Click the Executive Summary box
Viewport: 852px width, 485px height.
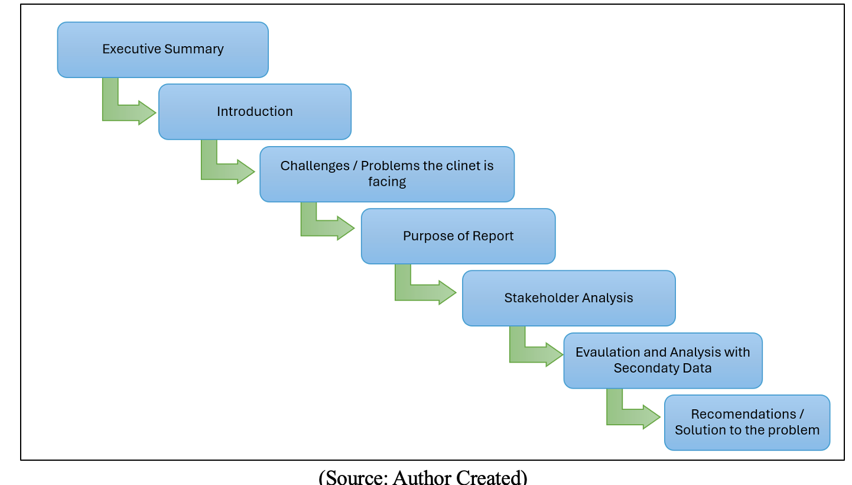pos(162,50)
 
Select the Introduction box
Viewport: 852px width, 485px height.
pos(255,112)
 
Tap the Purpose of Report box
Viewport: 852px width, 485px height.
pos(458,236)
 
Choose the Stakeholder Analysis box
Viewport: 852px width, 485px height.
pos(568,298)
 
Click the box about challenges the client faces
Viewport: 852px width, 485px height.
pos(387,174)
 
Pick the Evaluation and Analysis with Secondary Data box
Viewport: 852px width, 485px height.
pos(662,360)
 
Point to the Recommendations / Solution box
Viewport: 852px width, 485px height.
pos(747,422)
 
